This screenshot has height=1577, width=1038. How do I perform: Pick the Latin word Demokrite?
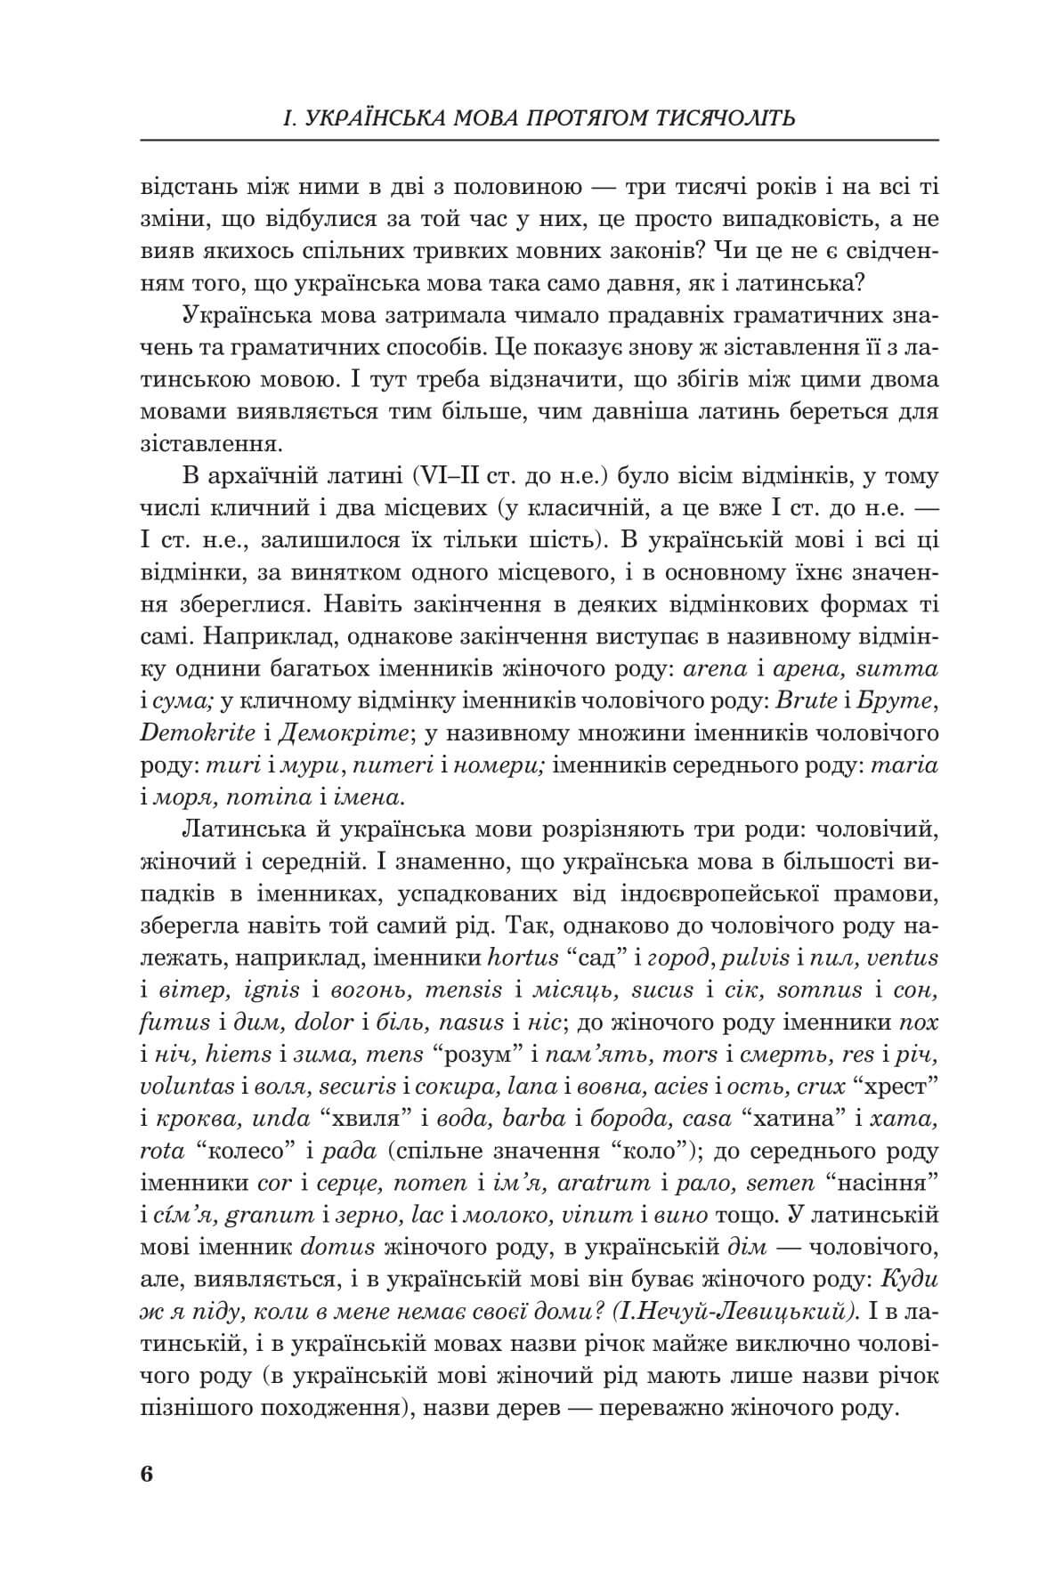pos(189,734)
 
